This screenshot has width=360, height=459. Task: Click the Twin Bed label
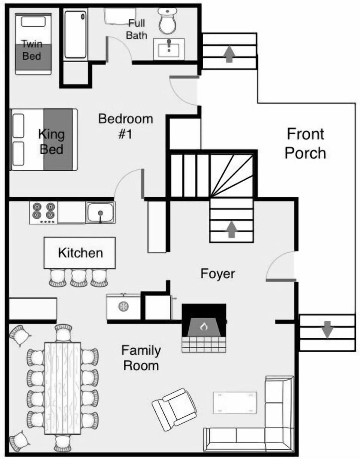pyautogui.click(x=32, y=50)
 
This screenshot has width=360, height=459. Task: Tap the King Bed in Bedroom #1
pyautogui.click(x=44, y=140)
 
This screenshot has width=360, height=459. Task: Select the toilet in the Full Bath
pyautogui.click(x=168, y=21)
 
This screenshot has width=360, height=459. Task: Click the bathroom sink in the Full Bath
pyautogui.click(x=169, y=49)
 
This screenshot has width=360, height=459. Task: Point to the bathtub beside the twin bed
pyautogui.click(x=75, y=34)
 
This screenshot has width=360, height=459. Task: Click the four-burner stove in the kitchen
pyautogui.click(x=44, y=212)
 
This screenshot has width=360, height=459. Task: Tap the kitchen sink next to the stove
pyautogui.click(x=100, y=212)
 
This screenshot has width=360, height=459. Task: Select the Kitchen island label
pyautogui.click(x=80, y=253)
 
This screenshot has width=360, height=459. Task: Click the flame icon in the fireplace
pyautogui.click(x=204, y=327)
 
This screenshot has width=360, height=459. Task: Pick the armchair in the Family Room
pyautogui.click(x=174, y=409)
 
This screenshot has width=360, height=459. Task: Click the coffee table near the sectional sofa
pyautogui.click(x=235, y=403)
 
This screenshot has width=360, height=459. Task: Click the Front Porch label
pyautogui.click(x=305, y=143)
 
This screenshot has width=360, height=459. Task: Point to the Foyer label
pyautogui.click(x=217, y=274)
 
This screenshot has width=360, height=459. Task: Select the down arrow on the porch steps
pyautogui.click(x=328, y=329)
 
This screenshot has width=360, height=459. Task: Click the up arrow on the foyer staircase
pyautogui.click(x=231, y=229)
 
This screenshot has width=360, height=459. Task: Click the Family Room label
pyautogui.click(x=141, y=358)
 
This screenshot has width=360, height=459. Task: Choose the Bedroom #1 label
pyautogui.click(x=126, y=126)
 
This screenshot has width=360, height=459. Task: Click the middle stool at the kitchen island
pyautogui.click(x=79, y=278)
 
